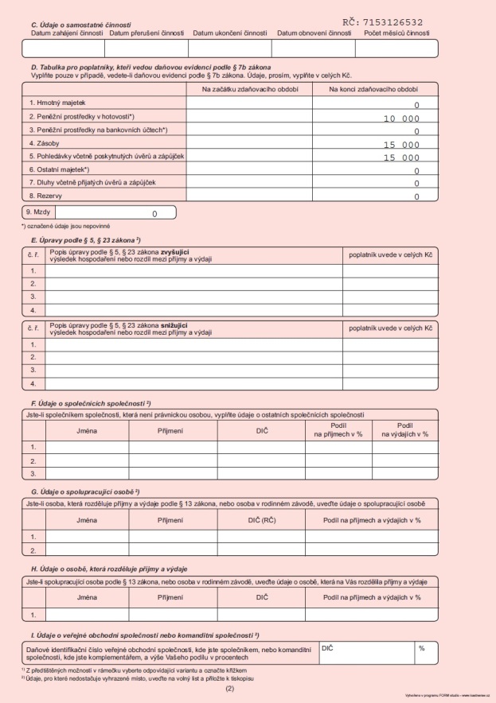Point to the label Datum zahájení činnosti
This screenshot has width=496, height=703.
pos(68,33)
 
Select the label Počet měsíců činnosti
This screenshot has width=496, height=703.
pos(396,33)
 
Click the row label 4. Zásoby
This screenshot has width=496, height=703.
pos(47,143)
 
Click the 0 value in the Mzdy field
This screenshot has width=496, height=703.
pos(154,213)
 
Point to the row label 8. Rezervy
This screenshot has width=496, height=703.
pos(48,196)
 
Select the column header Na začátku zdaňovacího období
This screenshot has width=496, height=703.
pos(250,89)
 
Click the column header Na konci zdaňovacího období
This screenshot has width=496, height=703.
pos(374,89)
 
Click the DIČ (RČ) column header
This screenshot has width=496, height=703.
pos(262,519)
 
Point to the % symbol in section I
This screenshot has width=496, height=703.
pos(421,649)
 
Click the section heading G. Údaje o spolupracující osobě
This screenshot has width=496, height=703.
pos(84,492)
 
